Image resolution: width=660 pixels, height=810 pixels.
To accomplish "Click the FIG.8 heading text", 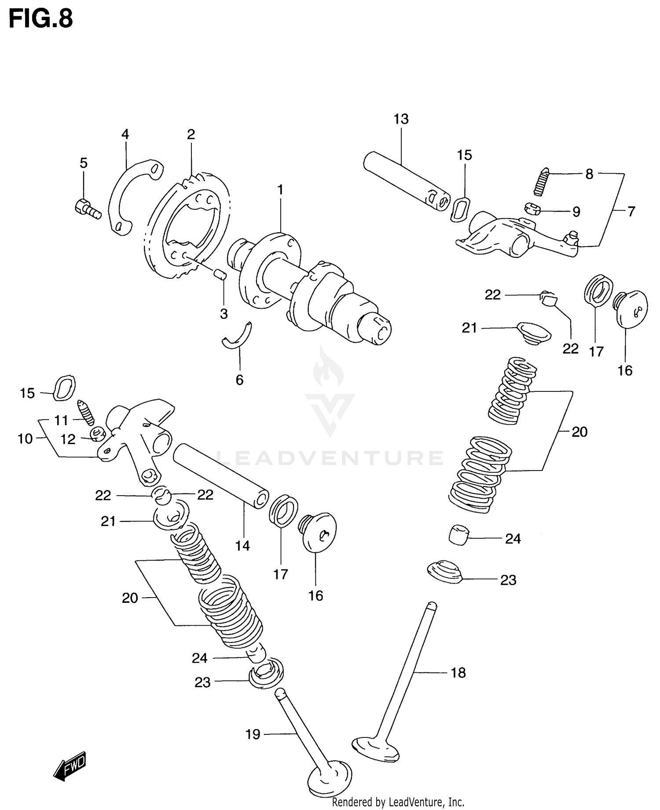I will click(x=40, y=19).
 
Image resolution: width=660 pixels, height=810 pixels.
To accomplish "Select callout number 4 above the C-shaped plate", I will click(x=125, y=134).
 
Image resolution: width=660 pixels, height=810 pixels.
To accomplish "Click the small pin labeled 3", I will click(x=220, y=274).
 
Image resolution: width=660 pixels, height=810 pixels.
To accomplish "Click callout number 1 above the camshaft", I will click(x=280, y=190).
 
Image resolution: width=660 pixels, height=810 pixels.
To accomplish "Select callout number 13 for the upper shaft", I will click(x=401, y=119).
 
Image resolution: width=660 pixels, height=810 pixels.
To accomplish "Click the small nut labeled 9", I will click(x=532, y=209).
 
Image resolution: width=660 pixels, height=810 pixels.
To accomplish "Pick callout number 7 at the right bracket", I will click(x=631, y=212).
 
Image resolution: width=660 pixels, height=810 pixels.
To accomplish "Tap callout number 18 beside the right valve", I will click(x=458, y=672).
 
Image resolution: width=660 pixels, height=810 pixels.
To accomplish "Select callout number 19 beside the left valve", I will click(x=253, y=734).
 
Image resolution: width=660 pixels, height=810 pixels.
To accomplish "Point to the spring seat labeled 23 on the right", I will click(x=444, y=572).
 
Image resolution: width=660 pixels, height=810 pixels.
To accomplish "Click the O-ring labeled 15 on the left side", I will click(x=64, y=388).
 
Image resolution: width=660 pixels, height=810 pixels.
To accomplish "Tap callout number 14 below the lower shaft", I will click(x=242, y=546).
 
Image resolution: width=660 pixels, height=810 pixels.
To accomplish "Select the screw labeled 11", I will click(x=86, y=412).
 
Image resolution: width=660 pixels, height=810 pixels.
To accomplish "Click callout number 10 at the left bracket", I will click(x=25, y=438).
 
